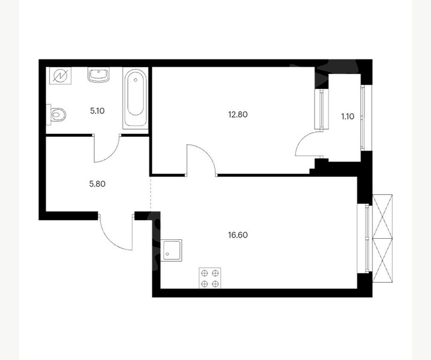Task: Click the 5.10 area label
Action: [97, 111]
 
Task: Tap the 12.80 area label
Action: [238, 115]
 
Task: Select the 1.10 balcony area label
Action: [348, 116]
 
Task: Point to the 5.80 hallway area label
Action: [97, 184]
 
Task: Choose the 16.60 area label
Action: [238, 235]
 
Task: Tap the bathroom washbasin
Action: [98, 75]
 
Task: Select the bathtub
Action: [135, 98]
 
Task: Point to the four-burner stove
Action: [209, 278]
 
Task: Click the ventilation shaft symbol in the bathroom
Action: [60, 76]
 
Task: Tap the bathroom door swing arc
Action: [112, 154]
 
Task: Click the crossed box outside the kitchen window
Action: [382, 238]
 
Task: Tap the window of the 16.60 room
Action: [364, 238]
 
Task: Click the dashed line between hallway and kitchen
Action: [150, 194]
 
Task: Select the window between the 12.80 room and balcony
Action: [321, 109]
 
